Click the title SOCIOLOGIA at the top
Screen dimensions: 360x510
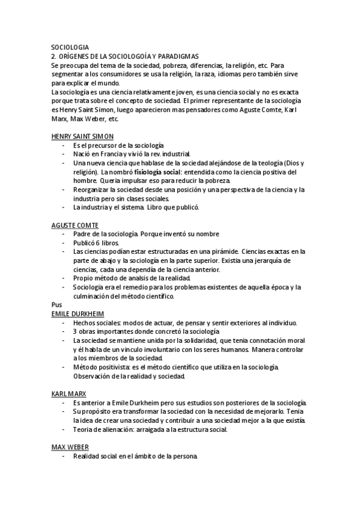coord(70,46)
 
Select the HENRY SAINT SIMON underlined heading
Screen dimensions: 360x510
coord(82,137)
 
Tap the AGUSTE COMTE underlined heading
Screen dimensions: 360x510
coord(75,225)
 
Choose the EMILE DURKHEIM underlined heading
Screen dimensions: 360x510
coord(78,313)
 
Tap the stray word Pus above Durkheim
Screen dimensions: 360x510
coord(56,305)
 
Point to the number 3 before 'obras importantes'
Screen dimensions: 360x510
coord(75,331)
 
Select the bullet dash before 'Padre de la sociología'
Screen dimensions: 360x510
coord(64,234)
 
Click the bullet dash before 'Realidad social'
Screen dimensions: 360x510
coord(64,456)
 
